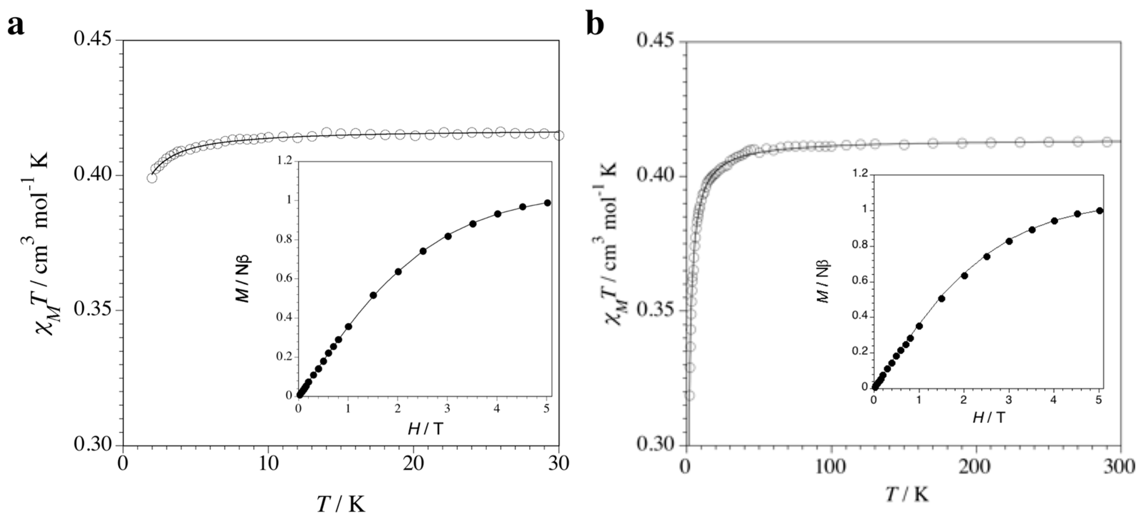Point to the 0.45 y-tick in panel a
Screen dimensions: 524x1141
coord(94,40)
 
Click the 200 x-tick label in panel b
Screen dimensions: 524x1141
coord(976,466)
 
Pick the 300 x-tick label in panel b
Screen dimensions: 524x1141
coord(1120,466)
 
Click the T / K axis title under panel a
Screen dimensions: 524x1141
coord(341,504)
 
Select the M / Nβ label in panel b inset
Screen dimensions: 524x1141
coord(823,282)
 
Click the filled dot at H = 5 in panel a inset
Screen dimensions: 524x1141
coord(547,203)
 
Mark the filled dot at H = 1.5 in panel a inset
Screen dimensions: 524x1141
coord(373,295)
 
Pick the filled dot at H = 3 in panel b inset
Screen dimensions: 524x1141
coord(1009,241)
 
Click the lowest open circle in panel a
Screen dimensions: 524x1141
coord(152,178)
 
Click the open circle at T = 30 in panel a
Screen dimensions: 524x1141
coord(559,135)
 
